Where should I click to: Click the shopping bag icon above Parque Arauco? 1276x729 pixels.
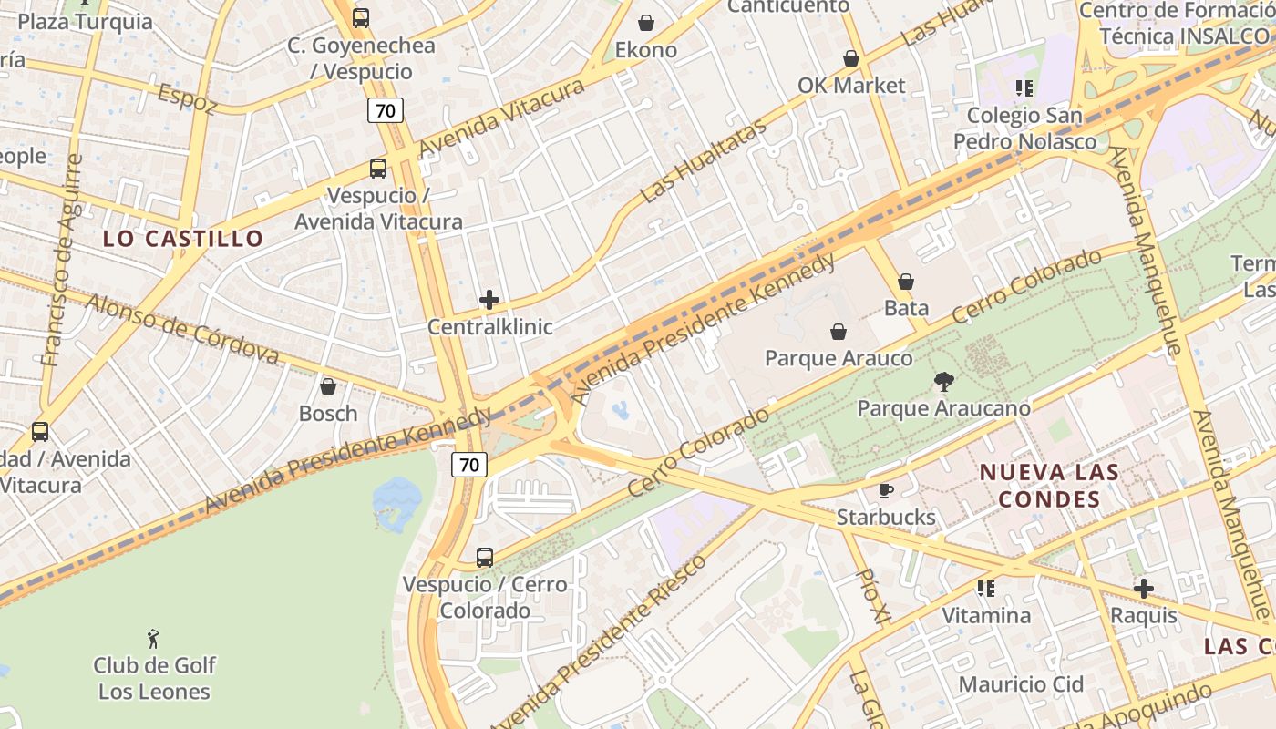(838, 332)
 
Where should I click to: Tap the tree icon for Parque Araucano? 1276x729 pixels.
(943, 382)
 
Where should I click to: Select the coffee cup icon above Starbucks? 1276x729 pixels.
(885, 491)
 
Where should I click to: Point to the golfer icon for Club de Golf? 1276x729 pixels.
(153, 639)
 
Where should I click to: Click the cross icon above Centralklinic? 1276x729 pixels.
(489, 300)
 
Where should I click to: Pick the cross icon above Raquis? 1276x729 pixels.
(1143, 589)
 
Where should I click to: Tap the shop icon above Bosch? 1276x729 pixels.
(328, 387)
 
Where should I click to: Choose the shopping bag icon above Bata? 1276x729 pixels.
(906, 282)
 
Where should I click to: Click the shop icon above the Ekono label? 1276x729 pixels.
(646, 23)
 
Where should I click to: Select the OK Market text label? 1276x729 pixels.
(851, 86)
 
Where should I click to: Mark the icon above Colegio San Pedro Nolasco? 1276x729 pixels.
(1024, 88)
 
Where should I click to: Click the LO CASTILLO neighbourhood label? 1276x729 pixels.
(183, 240)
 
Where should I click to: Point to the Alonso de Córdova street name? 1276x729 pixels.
(182, 328)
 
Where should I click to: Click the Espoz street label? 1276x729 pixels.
(188, 99)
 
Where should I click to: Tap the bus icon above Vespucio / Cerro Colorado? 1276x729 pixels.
(485, 557)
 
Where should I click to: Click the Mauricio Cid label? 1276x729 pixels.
(1021, 684)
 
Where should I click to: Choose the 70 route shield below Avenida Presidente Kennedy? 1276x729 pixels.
(469, 465)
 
